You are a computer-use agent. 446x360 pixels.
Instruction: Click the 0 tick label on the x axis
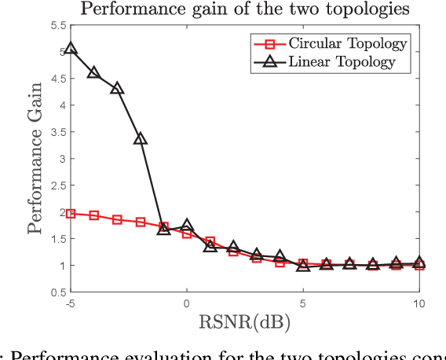click(187, 304)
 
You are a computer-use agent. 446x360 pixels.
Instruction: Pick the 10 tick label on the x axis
click(419, 304)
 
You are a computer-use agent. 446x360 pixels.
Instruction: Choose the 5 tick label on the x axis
click(303, 304)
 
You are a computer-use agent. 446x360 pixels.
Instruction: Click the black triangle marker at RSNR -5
click(71, 49)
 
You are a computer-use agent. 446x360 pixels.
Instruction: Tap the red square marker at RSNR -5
click(71, 213)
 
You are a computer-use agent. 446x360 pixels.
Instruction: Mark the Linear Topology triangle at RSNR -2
click(141, 139)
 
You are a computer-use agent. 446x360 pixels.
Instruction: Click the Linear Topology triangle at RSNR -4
click(93, 72)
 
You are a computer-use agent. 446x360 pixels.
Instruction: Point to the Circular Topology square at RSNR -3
click(117, 219)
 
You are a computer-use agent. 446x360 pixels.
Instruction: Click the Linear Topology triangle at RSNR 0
click(187, 226)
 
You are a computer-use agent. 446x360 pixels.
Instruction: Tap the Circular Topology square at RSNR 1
click(210, 241)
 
